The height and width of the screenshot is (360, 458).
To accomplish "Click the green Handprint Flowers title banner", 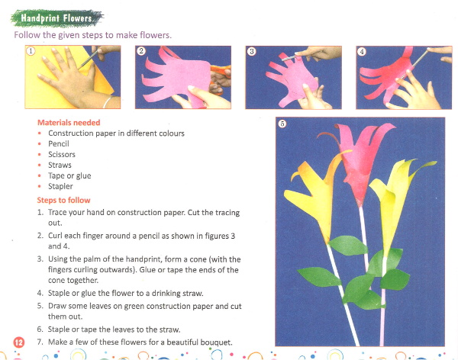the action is pos(57,18).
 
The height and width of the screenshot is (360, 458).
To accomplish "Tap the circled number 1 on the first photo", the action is pos(31,51).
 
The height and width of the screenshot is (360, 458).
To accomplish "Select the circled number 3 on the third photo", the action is pos(251,51).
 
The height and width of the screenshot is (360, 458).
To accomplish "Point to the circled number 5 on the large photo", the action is pos(282,124).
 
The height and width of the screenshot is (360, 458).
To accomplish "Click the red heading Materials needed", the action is pos(69,122).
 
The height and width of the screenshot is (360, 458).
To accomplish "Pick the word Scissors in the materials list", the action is pos(62,154).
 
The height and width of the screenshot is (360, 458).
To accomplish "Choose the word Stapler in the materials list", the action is pos(60,186).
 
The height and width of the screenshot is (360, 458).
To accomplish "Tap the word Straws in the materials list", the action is pos(60,165).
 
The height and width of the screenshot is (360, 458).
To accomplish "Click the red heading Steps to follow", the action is pos(63,200).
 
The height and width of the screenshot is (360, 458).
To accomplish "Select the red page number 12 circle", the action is pos(19,342).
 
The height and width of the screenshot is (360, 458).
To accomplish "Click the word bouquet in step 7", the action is pos(215,342).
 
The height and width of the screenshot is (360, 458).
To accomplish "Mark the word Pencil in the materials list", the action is pos(59,143).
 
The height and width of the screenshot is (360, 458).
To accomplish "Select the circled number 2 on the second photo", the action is pos(141,51).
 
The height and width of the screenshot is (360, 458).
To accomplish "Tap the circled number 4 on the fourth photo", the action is pos(362,52).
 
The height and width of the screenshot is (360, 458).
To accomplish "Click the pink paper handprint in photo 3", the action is pos(292,79).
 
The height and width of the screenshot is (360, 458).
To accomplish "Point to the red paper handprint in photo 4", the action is pos(385,76).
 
